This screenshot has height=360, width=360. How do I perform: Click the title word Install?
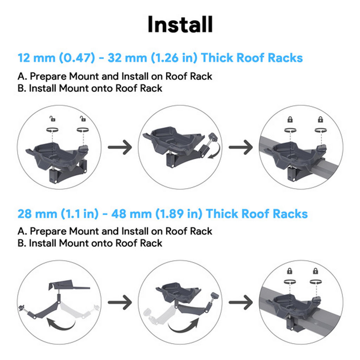[x=180, y=25]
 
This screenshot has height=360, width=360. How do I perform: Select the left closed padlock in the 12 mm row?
[x=290, y=119]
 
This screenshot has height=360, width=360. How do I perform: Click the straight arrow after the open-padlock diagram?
[x=120, y=147]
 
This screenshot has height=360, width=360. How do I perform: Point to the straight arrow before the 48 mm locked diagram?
[x=240, y=302]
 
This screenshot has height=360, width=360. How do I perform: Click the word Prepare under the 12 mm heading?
[x=48, y=76]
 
